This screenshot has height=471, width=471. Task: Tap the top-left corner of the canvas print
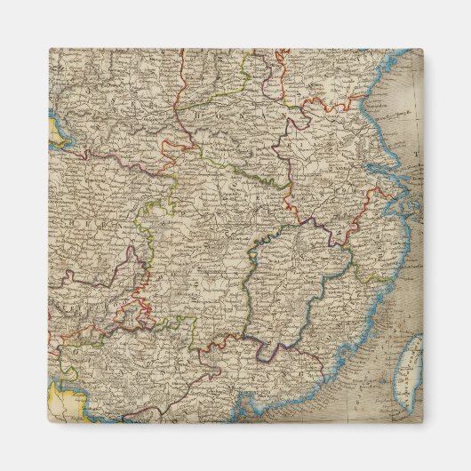click(x=49, y=48)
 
